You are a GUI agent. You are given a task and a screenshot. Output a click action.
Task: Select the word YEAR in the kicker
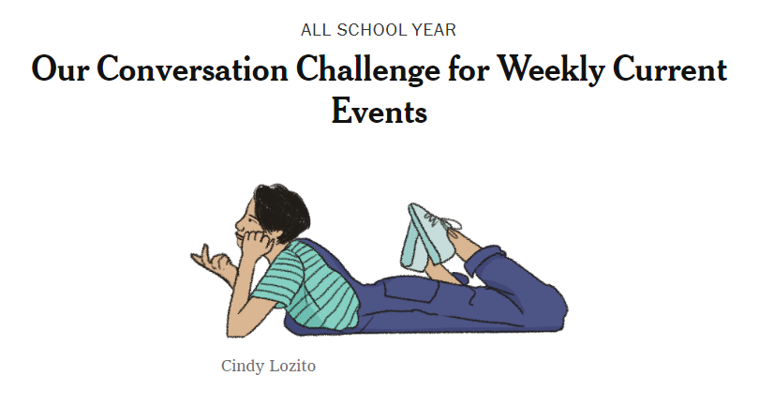(x=435, y=30)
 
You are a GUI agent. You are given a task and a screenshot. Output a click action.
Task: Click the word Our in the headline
(x=60, y=69)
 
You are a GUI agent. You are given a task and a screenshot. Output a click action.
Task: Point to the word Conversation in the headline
(x=192, y=69)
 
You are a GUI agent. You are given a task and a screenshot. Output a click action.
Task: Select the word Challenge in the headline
(x=368, y=70)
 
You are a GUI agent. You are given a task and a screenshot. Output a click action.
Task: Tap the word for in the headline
(x=469, y=68)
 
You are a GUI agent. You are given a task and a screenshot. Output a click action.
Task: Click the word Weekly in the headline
(x=550, y=70)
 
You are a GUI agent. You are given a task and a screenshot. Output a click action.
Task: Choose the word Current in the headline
(x=670, y=69)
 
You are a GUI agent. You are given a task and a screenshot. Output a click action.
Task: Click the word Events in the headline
(x=380, y=112)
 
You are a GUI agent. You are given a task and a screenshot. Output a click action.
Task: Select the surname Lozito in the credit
(x=292, y=366)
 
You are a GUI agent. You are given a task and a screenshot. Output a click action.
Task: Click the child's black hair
(x=281, y=211)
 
